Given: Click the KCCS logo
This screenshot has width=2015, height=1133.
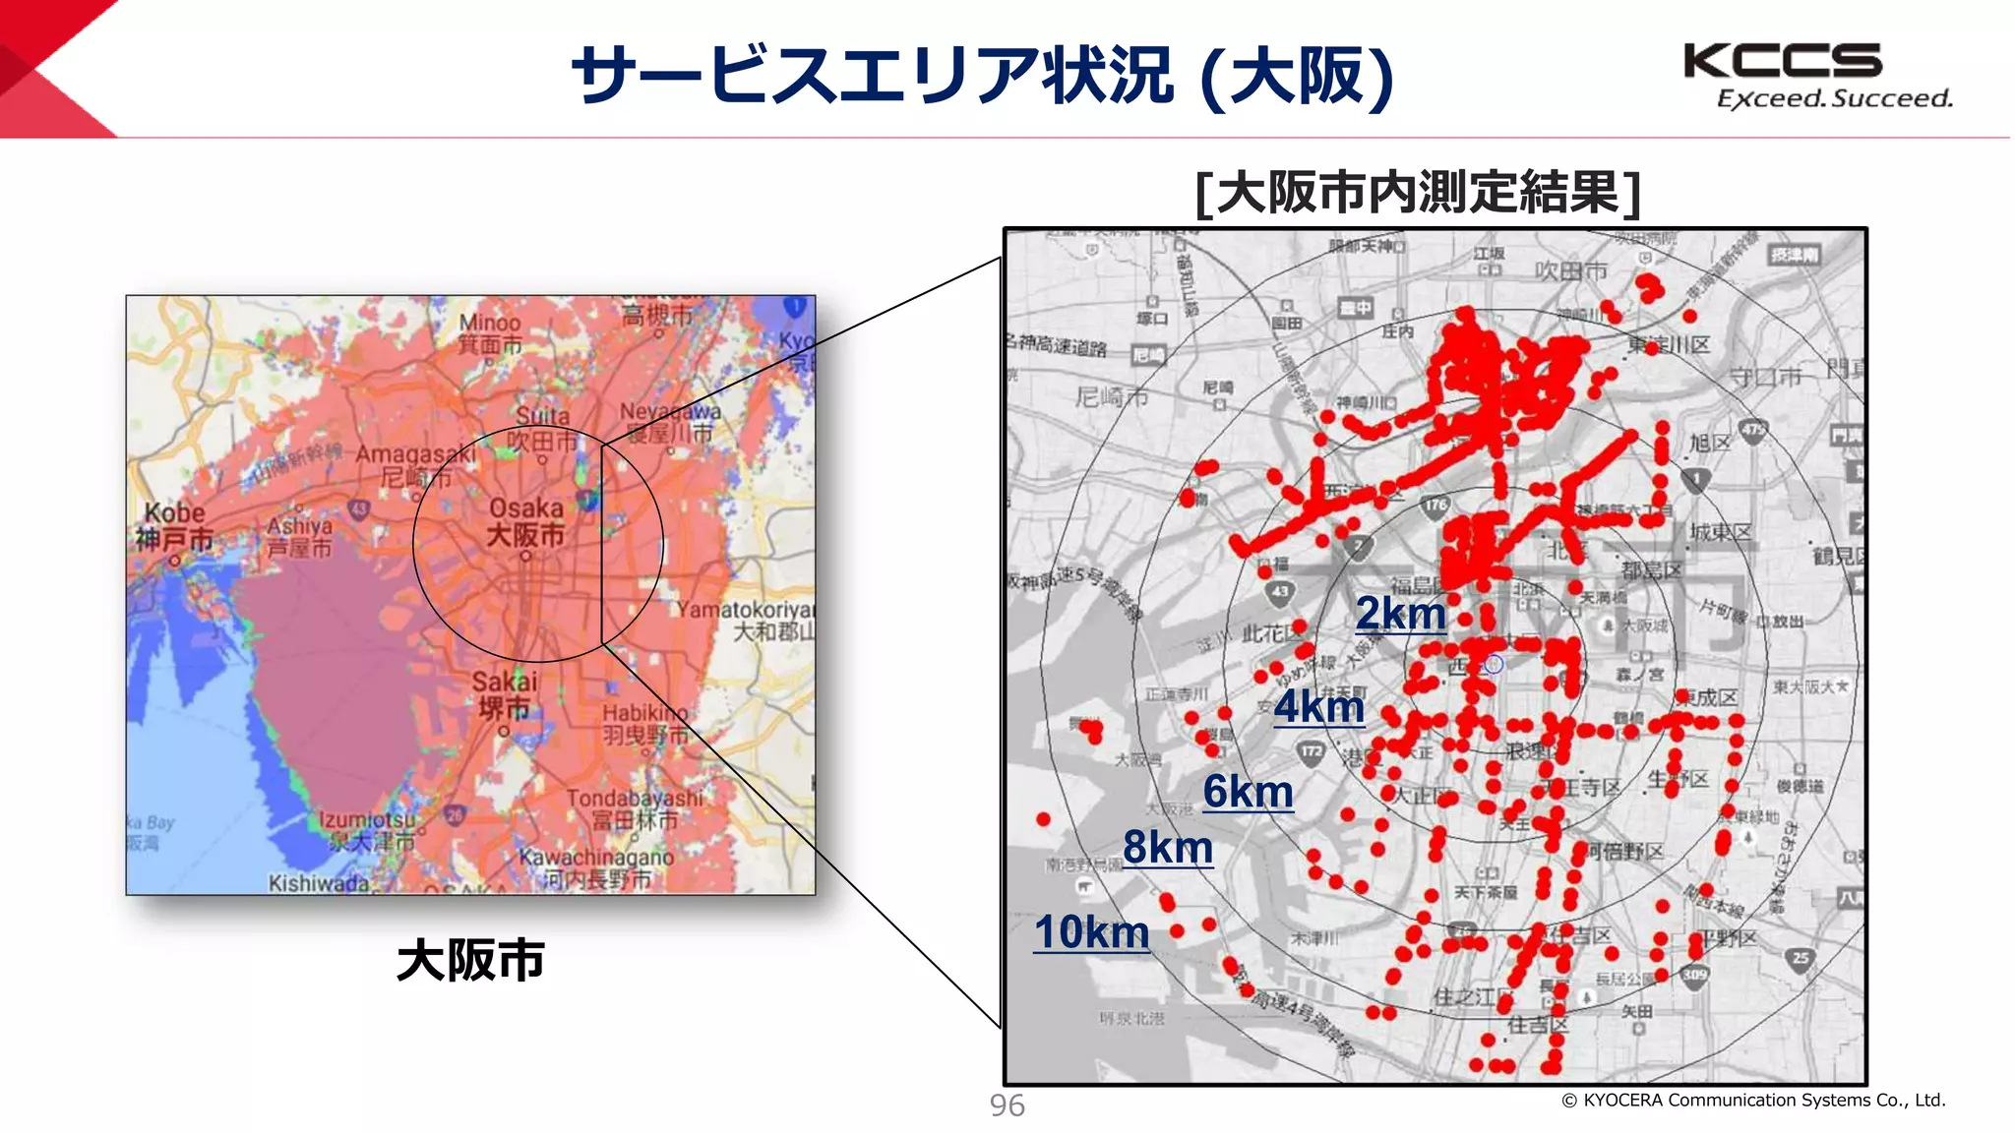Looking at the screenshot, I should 1783,61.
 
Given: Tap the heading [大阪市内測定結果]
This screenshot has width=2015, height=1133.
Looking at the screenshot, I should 1417,193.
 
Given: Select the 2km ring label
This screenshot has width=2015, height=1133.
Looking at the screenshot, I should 1400,615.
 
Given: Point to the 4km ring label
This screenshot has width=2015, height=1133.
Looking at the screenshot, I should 1318,707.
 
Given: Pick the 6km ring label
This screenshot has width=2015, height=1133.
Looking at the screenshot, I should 1248,793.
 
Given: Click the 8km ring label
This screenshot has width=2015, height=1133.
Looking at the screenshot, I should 1167,848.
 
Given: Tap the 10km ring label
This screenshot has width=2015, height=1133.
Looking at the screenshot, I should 1091,933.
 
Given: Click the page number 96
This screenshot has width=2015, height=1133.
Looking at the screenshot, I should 1007,1105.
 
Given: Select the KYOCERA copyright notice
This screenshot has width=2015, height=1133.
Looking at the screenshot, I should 1753,1101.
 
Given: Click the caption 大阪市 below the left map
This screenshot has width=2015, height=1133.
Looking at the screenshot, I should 470,960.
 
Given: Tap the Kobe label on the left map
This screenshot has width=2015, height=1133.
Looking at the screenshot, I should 175,513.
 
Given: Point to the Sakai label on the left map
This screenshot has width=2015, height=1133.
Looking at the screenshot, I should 505,682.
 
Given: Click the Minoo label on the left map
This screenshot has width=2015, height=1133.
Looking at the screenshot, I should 489,323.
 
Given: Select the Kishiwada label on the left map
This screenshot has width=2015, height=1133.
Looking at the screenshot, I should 318,883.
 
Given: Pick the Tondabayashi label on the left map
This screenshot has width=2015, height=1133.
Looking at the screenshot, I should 635,798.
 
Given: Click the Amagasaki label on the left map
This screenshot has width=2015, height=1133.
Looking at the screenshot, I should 414,453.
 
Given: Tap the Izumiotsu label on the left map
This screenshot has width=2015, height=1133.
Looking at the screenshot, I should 366,819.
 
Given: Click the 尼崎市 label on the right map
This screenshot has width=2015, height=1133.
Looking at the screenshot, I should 1112,397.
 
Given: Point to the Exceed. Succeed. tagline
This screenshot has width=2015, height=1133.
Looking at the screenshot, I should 1834,99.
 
